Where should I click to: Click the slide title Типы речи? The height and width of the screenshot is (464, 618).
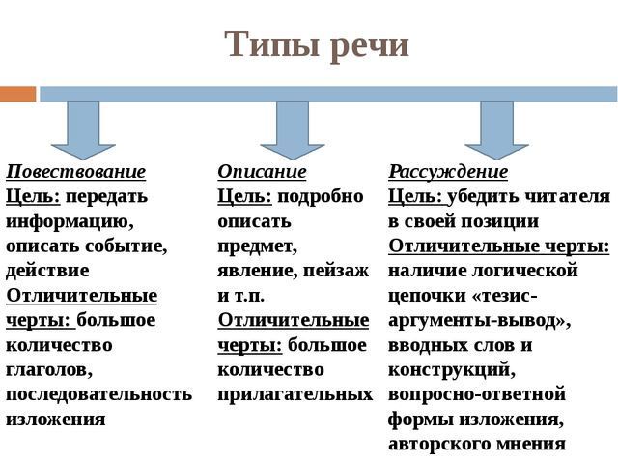317,45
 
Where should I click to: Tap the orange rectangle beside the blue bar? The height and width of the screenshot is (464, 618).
17,95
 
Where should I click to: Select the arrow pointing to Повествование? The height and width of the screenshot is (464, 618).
83,130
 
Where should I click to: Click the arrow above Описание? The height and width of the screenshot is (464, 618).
293,130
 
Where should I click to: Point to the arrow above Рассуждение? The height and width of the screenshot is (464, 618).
496,130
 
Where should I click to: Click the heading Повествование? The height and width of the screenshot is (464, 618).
76,172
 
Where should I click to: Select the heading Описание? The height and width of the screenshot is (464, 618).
262,172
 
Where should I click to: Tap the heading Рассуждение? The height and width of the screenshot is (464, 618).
448,172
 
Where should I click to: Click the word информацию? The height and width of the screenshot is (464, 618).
70,221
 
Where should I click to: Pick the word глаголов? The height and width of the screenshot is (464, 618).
49,370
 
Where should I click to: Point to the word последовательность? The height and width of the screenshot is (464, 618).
98,394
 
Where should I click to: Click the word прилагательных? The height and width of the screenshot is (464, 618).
295,394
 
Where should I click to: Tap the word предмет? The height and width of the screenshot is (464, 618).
258,246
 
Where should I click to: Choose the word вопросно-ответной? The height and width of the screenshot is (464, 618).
477,394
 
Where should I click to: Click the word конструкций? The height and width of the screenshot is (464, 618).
452,370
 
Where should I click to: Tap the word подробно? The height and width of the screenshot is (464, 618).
320,196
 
